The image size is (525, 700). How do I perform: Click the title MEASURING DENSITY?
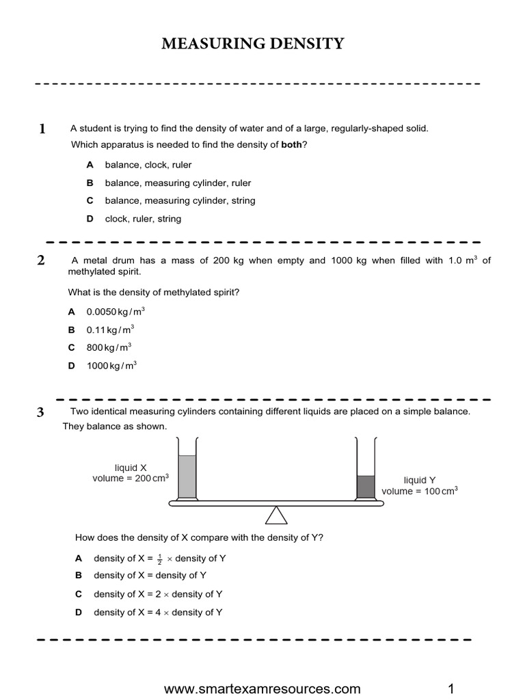click(x=253, y=45)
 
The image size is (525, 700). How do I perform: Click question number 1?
click(x=42, y=129)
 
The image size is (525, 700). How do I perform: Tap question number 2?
click(x=41, y=260)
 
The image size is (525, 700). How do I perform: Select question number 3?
click(x=41, y=412)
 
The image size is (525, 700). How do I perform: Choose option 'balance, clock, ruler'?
click(x=148, y=165)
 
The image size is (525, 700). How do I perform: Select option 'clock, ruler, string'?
click(x=143, y=219)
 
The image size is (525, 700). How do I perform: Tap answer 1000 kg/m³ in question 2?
click(x=111, y=366)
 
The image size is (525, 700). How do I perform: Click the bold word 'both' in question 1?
click(x=292, y=144)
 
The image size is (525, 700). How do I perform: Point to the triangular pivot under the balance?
click(x=276, y=515)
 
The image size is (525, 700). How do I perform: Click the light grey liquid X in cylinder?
click(x=187, y=476)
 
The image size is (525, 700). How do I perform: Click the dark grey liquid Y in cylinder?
click(x=366, y=486)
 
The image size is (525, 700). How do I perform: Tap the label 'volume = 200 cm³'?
click(x=131, y=479)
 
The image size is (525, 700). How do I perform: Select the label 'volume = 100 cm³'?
click(x=419, y=491)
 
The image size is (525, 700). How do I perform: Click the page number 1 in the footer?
click(x=451, y=688)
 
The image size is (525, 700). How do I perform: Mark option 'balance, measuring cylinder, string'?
click(x=180, y=201)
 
